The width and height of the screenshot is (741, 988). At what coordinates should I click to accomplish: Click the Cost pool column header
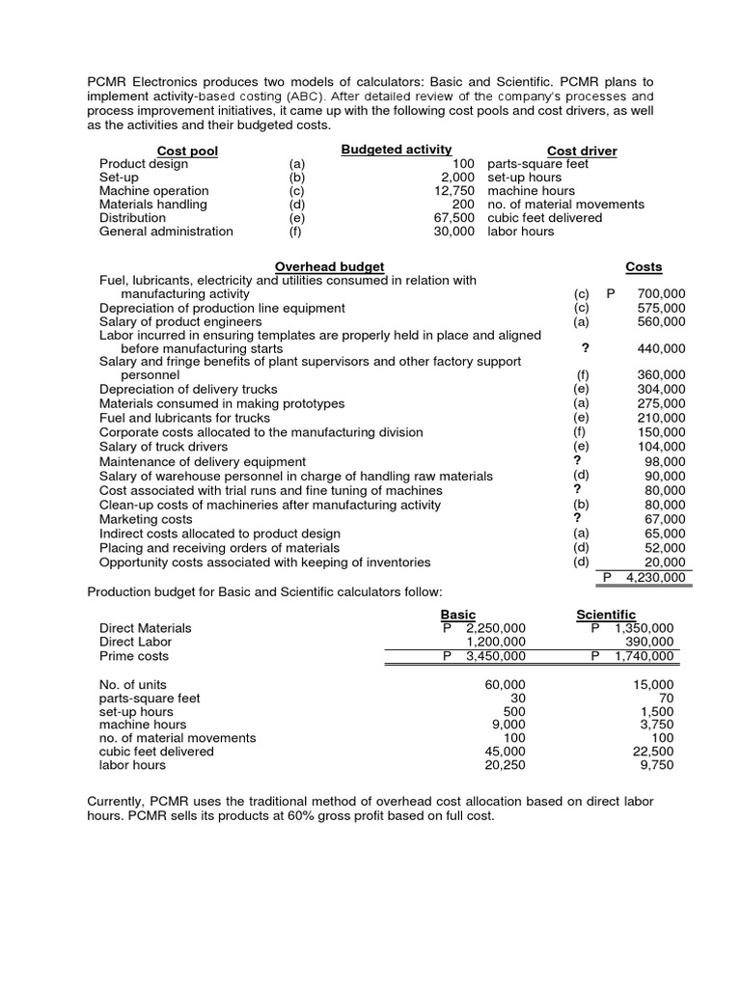187,151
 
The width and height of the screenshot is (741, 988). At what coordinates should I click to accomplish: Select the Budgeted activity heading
397,149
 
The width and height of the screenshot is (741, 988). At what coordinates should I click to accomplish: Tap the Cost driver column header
582,151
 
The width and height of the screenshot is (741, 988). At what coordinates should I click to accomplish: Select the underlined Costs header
644,266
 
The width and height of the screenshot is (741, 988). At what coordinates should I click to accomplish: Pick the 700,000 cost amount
661,293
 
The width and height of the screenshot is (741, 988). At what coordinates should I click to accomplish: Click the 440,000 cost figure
661,348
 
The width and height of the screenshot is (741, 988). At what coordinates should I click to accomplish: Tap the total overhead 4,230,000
655,577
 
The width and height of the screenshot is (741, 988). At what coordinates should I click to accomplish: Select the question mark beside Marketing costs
577,518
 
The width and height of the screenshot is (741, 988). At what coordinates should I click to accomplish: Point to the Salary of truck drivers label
164,447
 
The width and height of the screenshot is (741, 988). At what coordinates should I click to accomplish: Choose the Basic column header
458,615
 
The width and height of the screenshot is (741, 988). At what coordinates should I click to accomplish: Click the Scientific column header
606,615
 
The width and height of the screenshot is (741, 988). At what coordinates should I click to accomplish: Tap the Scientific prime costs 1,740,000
644,656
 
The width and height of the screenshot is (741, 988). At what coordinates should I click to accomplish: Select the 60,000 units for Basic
505,685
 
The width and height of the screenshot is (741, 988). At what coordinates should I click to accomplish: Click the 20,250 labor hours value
505,765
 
